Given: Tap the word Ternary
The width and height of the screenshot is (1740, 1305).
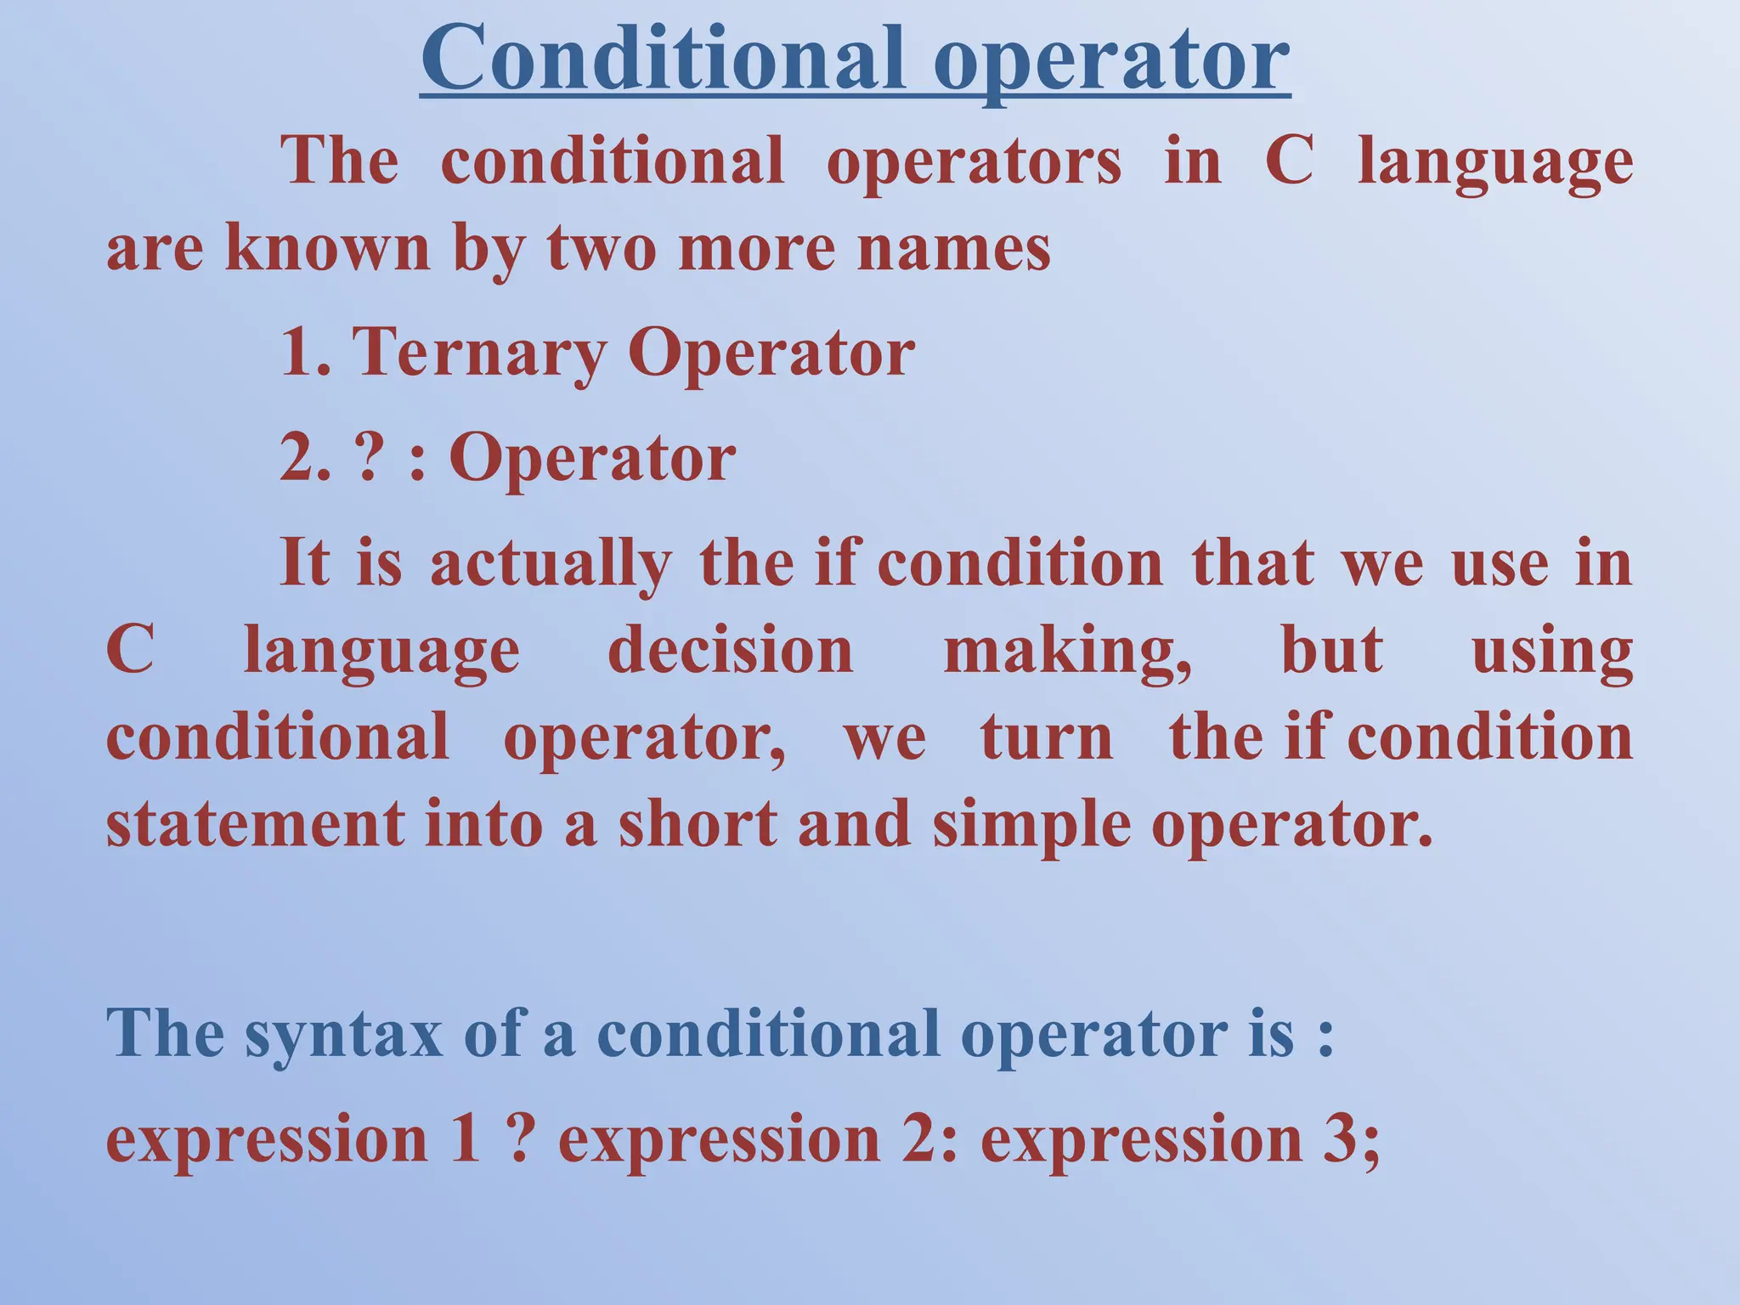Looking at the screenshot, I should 477,353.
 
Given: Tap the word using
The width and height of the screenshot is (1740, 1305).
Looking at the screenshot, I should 1551,652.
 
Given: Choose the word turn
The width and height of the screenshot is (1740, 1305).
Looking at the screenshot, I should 1047,737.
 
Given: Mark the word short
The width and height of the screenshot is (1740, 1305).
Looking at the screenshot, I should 697,824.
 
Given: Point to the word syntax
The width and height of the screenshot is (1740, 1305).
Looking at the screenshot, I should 343,1035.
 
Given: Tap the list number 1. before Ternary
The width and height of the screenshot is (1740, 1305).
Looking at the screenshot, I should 304,353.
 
